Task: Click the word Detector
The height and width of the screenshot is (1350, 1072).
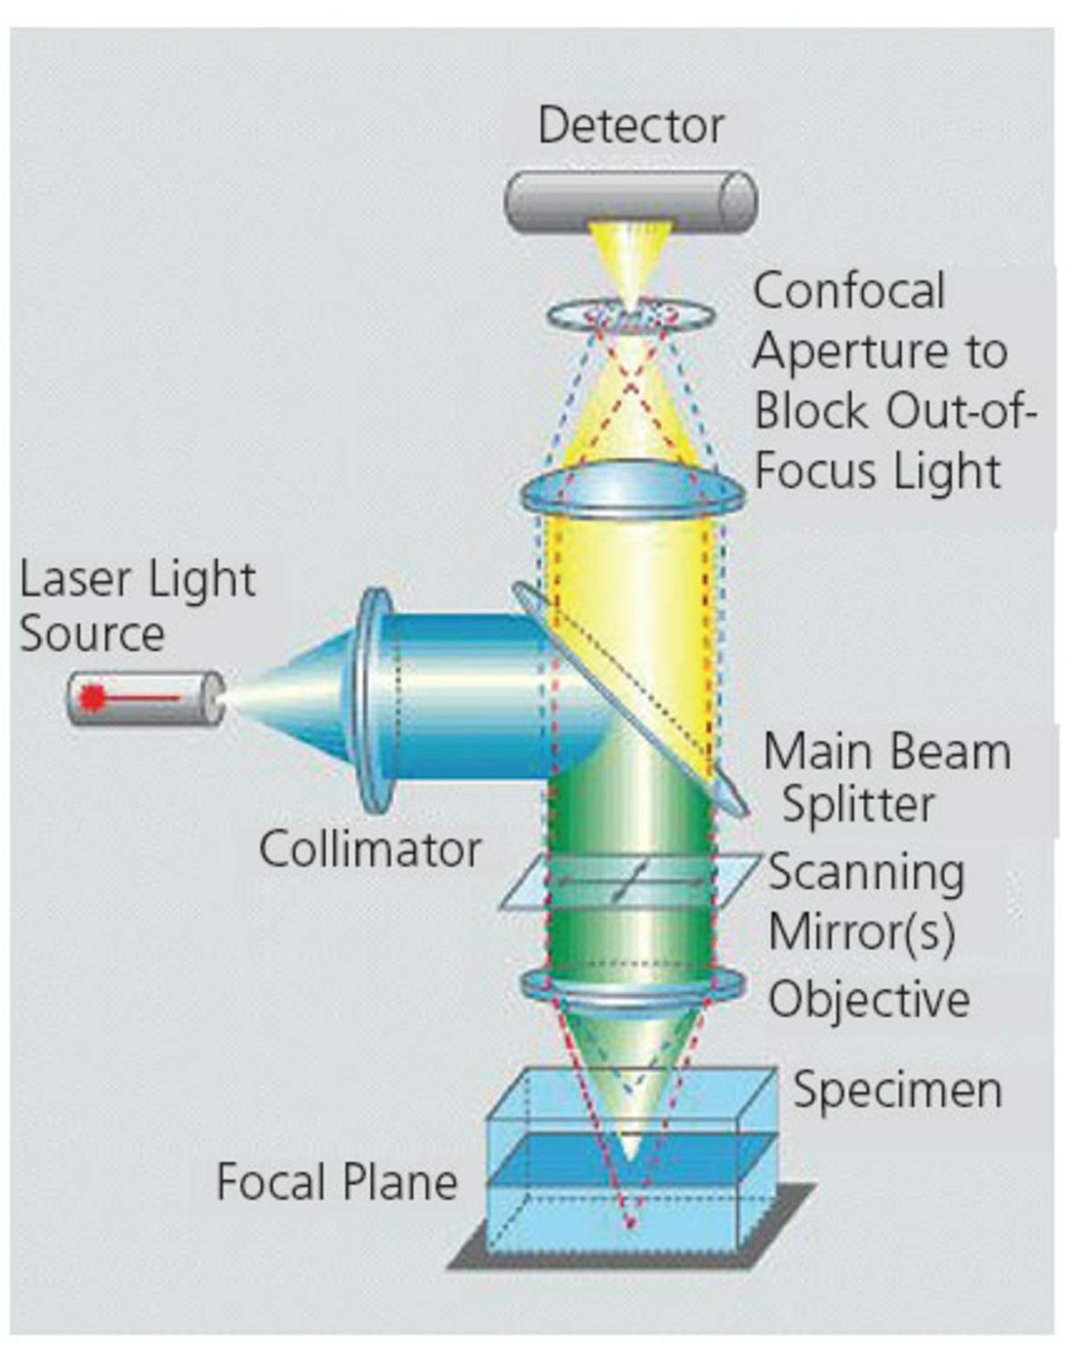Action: [630, 125]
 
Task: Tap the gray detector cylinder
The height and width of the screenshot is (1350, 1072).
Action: [630, 202]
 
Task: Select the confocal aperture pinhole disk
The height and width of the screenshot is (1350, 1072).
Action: [630, 314]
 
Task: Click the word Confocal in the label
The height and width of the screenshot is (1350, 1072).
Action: [849, 291]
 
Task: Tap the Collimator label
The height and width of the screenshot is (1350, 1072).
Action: [370, 849]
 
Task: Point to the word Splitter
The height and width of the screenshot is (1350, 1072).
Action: [858, 804]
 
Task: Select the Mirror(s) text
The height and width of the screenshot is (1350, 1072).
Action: [861, 932]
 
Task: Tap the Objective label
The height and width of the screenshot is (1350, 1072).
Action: [869, 998]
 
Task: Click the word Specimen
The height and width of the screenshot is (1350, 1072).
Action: [897, 1090]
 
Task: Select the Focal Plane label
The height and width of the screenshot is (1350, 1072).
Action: [337, 1182]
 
